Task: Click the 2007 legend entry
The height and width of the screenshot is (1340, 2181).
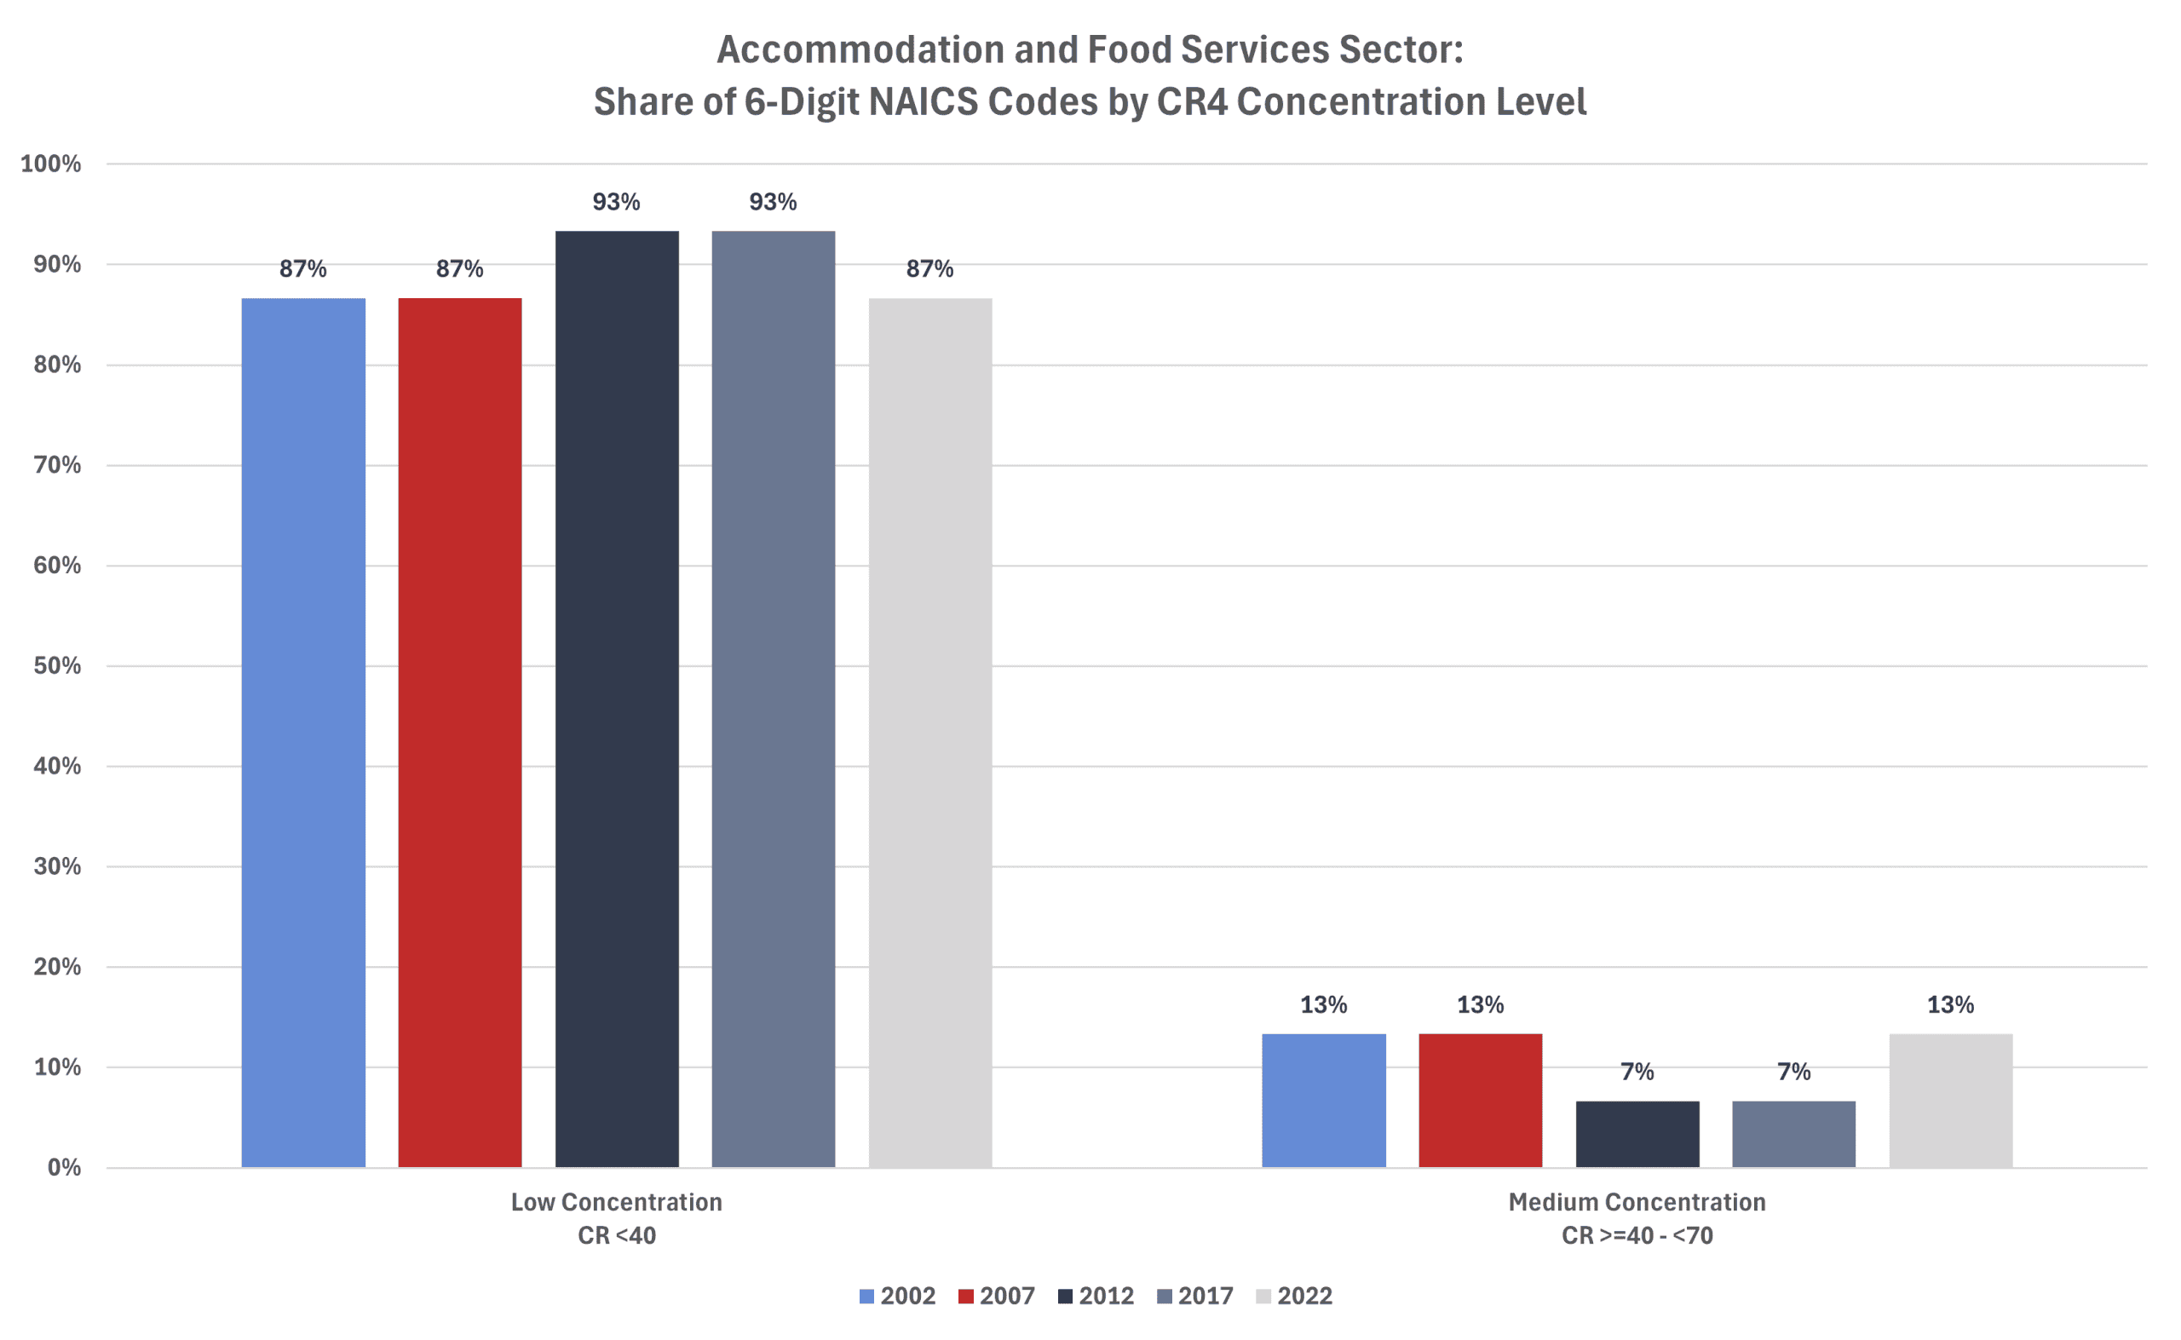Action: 996,1296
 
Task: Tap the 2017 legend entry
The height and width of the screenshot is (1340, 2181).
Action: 1194,1296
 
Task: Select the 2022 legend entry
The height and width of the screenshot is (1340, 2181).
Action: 1294,1296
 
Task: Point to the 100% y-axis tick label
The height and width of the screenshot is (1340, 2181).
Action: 50,164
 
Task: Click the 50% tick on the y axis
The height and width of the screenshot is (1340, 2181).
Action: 57,665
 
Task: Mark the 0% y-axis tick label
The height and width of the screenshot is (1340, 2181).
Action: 64,1167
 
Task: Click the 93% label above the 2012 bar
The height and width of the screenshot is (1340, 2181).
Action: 616,202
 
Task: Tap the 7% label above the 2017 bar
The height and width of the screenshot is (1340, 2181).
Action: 1793,1072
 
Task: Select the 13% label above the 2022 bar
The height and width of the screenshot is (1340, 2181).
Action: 1951,1004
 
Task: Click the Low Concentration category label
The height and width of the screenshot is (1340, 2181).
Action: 616,1202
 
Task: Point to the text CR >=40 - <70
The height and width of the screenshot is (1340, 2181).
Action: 1637,1235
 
